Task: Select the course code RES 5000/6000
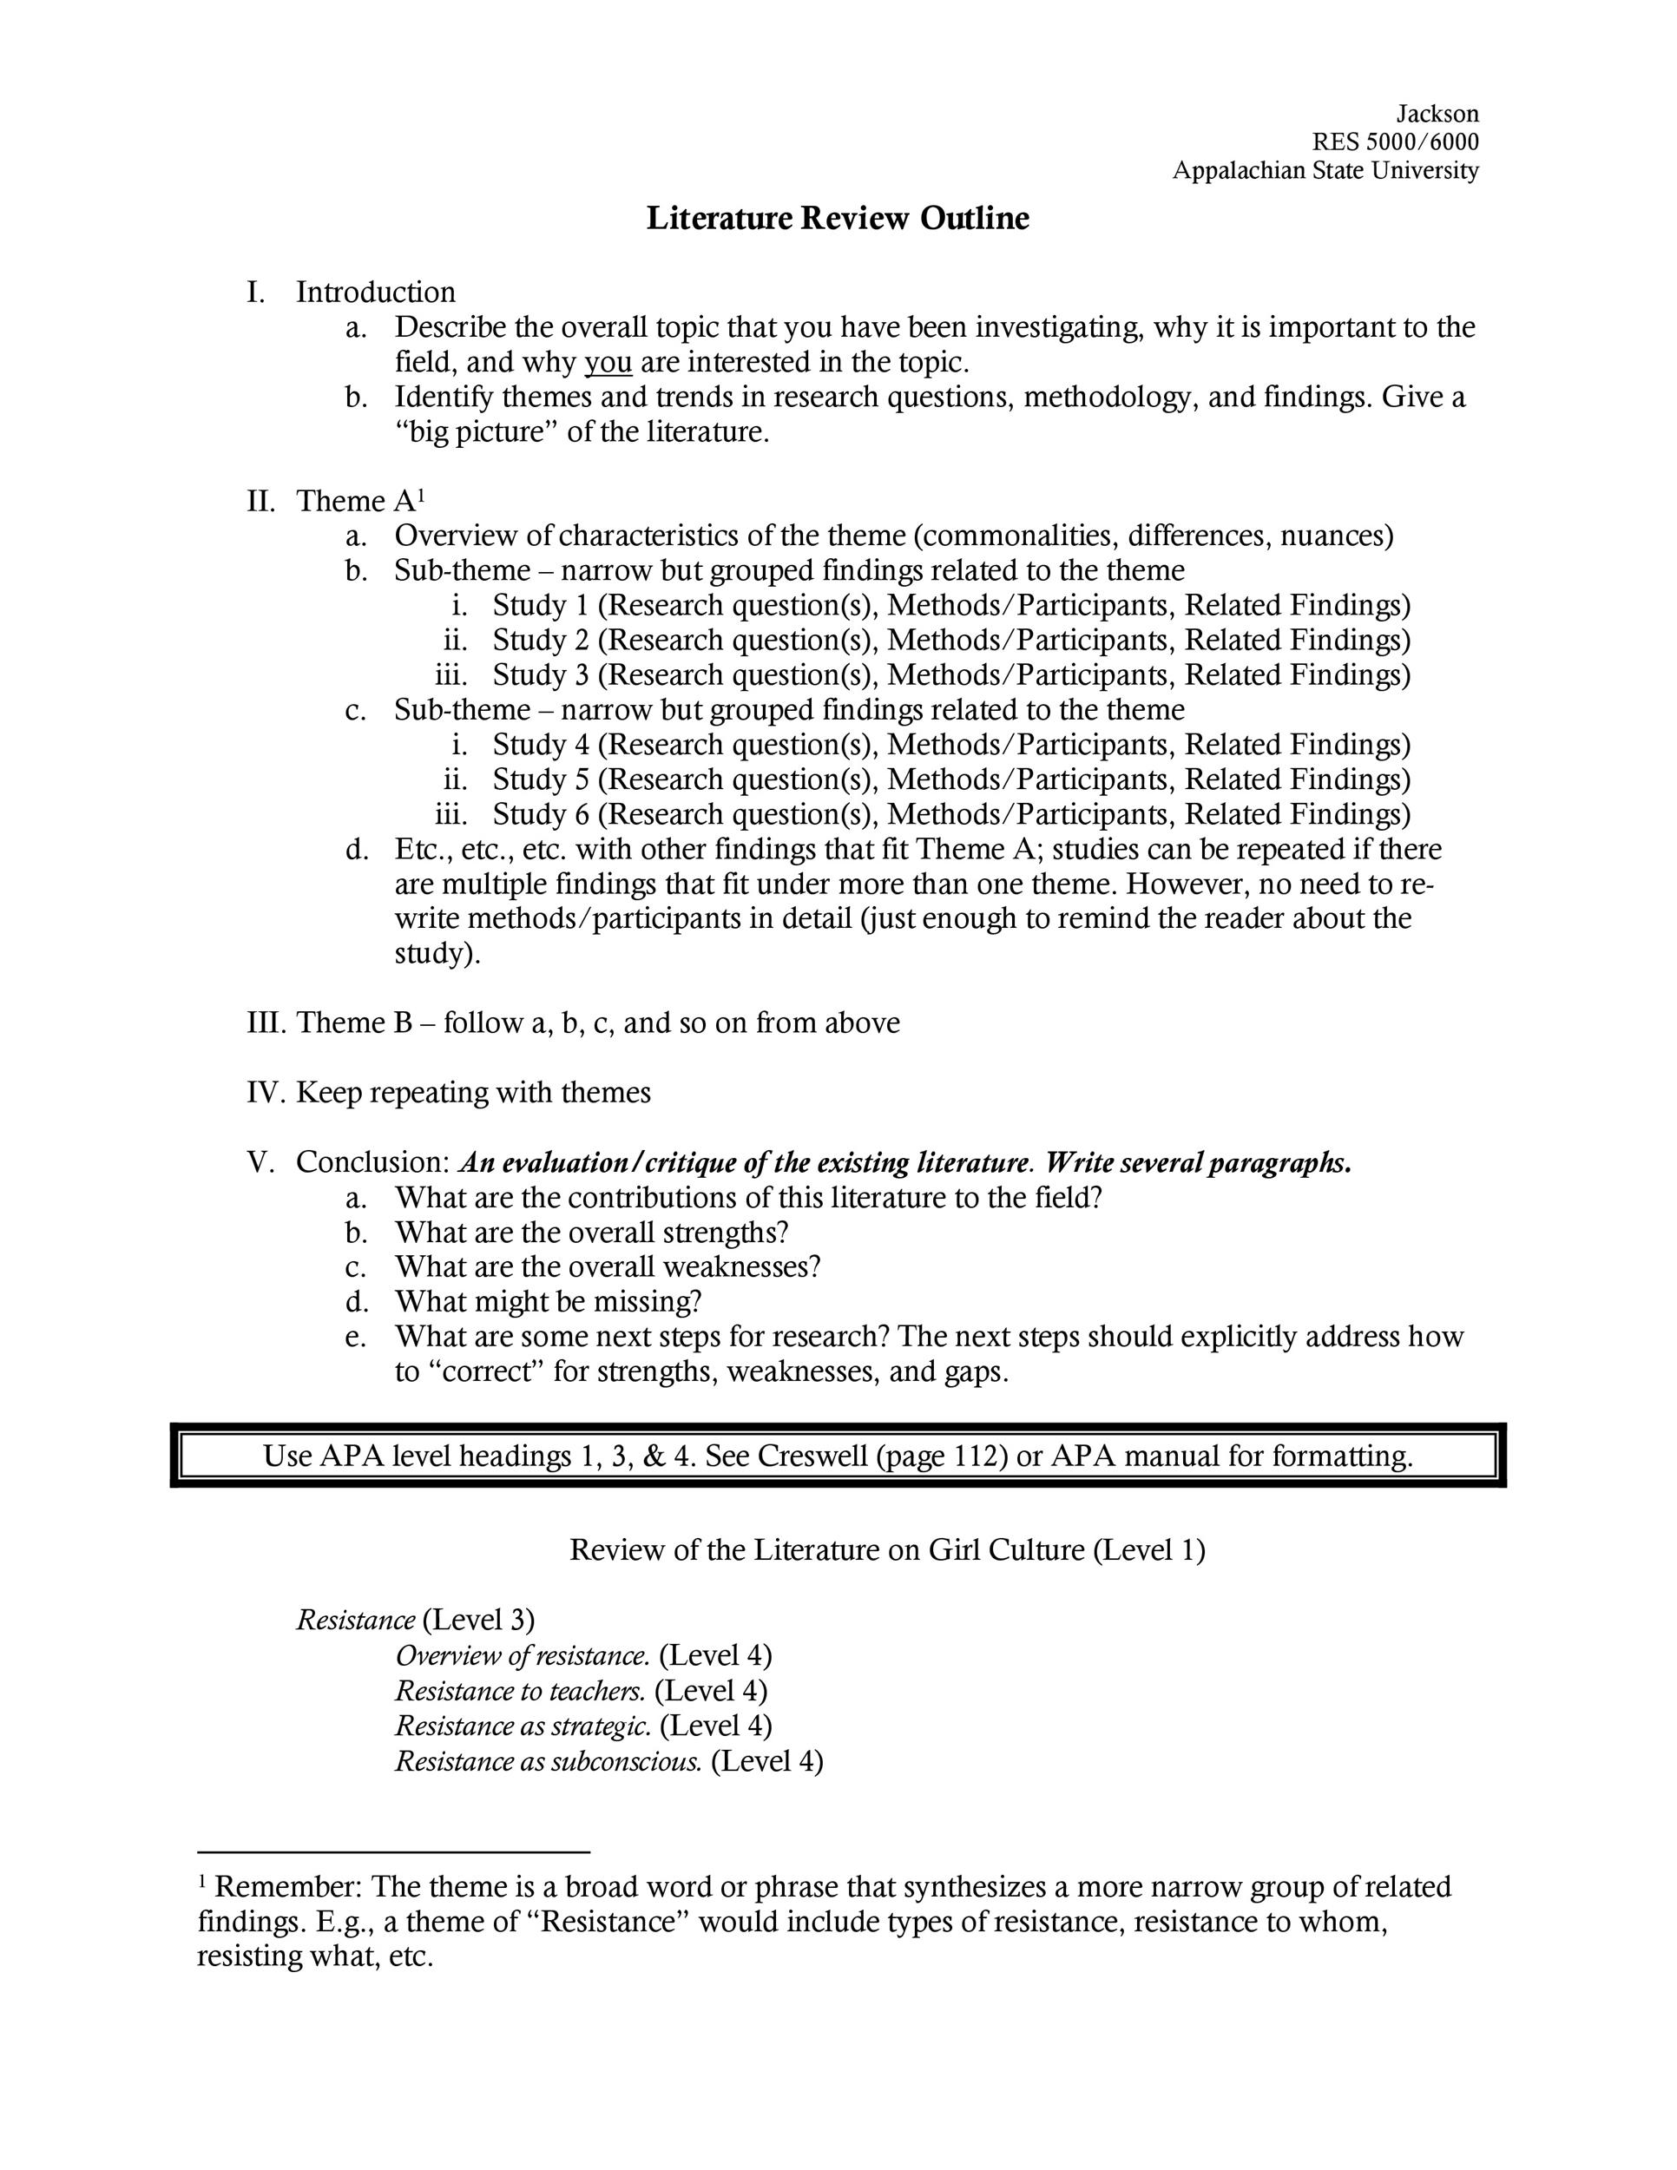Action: click(1395, 142)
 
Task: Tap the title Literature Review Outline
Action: click(838, 219)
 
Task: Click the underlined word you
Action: click(608, 363)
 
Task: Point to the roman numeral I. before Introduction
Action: click(256, 293)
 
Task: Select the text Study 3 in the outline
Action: click(541, 675)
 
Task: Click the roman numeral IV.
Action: click(266, 1093)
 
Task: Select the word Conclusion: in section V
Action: click(373, 1162)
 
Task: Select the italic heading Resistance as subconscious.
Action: click(549, 1762)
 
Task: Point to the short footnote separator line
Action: click(393, 1852)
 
